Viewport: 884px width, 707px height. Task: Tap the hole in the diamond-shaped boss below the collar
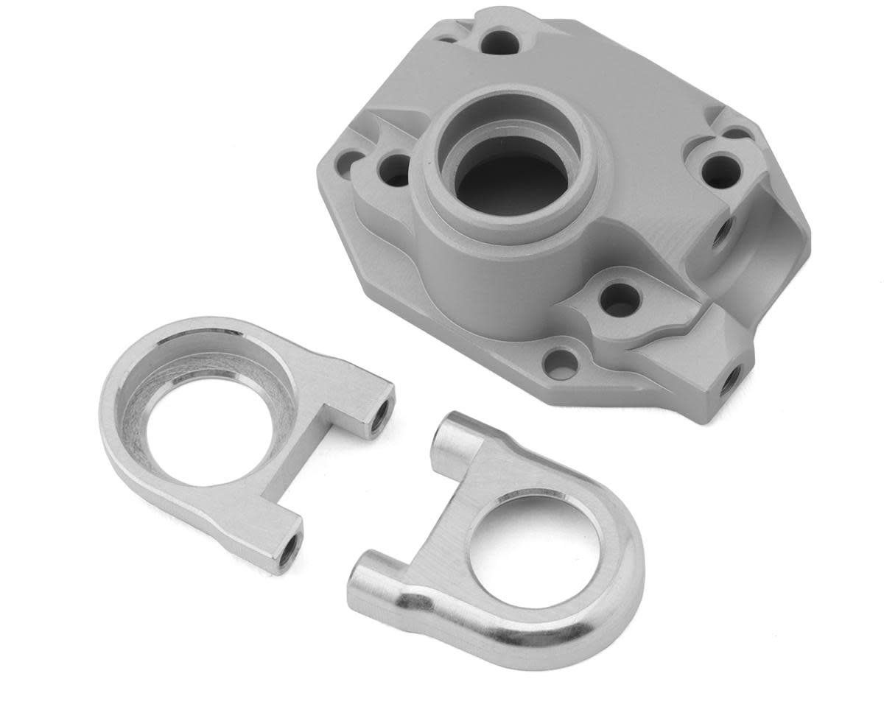coord(619,297)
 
